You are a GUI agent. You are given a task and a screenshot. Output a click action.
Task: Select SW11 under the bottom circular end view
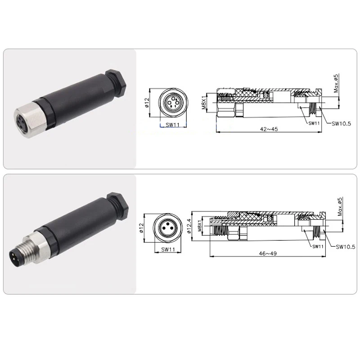(168, 249)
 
